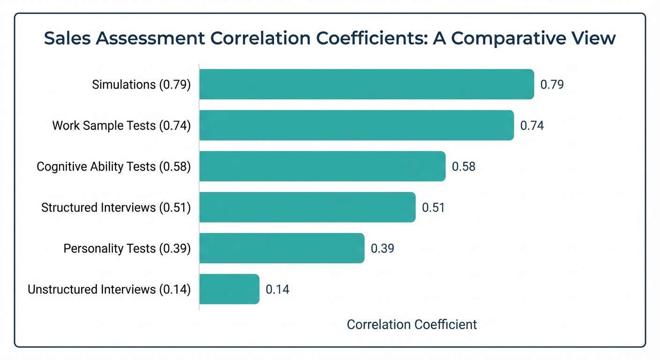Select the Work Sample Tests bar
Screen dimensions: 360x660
[356, 125]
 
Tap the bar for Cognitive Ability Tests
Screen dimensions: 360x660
[322, 166]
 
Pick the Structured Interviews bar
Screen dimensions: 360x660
[307, 207]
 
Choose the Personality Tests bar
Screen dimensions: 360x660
[282, 248]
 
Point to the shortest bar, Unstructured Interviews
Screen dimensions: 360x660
[229, 289]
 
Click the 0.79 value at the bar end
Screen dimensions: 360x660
[552, 85]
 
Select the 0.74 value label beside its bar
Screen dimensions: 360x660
[532, 126]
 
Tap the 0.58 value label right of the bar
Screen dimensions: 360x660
[463, 166]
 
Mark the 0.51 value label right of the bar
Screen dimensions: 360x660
[433, 207]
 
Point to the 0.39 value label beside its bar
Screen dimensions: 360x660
[382, 248]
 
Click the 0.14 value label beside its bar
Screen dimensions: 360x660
[277, 289]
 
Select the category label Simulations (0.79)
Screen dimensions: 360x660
[141, 85]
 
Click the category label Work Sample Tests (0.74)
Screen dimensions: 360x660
[121, 126]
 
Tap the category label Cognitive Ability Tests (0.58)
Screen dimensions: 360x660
[113, 166]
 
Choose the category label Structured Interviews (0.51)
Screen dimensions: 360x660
[116, 207]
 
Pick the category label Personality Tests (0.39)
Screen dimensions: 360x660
[127, 248]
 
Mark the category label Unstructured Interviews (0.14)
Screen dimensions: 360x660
[109, 289]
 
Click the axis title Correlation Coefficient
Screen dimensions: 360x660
[412, 324]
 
